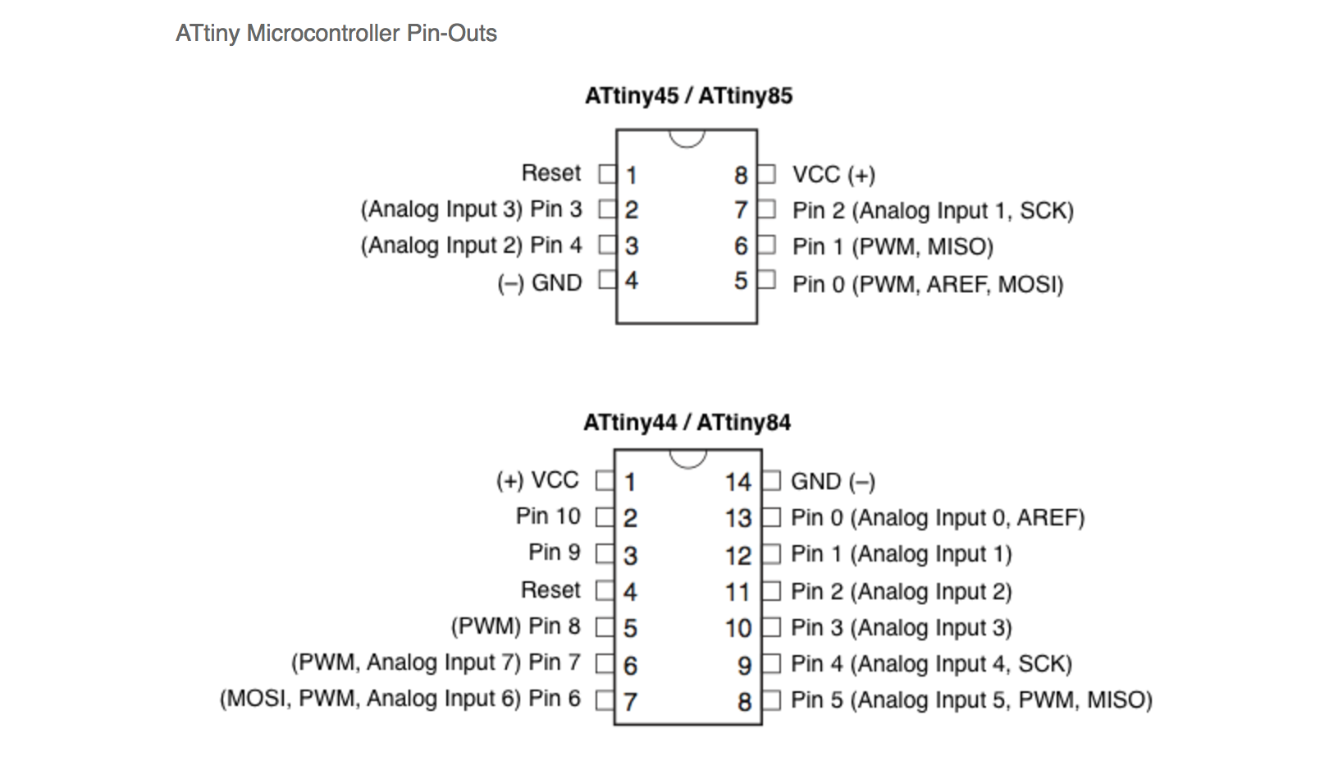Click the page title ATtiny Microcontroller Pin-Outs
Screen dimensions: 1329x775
point(336,34)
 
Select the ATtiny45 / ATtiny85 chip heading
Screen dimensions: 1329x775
point(688,95)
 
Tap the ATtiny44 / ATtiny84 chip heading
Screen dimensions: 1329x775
point(687,422)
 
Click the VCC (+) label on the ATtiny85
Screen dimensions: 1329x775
point(833,175)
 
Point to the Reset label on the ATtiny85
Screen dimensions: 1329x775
point(551,173)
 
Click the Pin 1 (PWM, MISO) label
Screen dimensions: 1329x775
point(893,246)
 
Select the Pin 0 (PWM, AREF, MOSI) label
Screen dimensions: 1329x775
point(928,284)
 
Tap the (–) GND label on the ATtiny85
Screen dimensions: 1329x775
point(539,283)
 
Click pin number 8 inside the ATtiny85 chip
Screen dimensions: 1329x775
point(741,175)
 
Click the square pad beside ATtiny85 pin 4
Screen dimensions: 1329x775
point(608,280)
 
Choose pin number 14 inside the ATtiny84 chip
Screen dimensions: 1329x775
point(738,482)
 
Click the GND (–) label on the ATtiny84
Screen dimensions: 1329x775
point(833,482)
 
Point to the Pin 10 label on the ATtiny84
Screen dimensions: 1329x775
point(548,516)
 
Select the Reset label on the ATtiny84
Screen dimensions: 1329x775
point(550,589)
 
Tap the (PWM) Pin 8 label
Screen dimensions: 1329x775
point(515,626)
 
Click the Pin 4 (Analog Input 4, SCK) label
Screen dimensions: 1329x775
point(931,664)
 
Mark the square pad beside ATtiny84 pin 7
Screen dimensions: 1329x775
point(605,700)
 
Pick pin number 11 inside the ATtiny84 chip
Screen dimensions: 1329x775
point(738,592)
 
